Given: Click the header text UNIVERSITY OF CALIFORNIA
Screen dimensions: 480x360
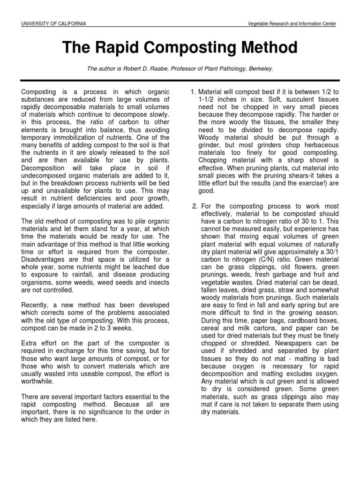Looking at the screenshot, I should pos(53,24).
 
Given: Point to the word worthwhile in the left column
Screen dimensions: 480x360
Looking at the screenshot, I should pos(38,382).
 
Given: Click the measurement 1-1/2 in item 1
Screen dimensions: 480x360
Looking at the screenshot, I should pos(207,100).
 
